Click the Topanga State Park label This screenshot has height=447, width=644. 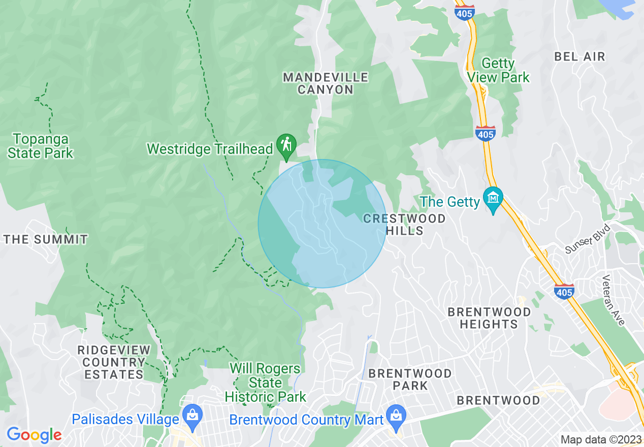(41, 146)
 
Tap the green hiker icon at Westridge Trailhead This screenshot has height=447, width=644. (286, 144)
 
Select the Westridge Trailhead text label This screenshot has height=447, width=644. (210, 149)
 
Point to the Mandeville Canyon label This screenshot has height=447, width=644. (326, 83)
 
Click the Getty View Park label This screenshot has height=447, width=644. (498, 71)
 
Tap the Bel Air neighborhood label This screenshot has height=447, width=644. (580, 56)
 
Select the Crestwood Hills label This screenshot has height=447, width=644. (405, 225)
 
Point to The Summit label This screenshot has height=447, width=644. (46, 239)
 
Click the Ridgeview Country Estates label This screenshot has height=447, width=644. (114, 362)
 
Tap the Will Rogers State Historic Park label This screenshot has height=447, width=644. (265, 382)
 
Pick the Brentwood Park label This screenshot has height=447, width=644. (410, 379)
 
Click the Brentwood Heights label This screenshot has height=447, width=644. (489, 317)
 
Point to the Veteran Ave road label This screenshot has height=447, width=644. (613, 300)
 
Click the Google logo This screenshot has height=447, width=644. (34, 435)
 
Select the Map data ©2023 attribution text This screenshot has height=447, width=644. (600, 439)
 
